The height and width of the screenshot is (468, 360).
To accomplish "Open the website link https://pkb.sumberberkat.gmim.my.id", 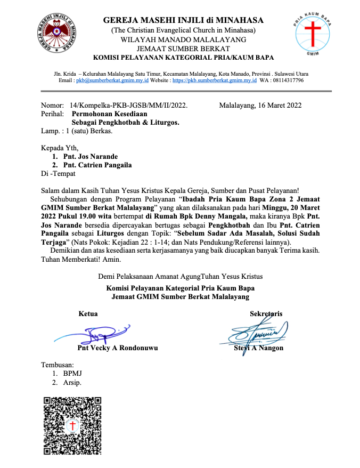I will [x=215, y=80].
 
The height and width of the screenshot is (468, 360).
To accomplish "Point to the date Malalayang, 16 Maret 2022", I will [x=260, y=105].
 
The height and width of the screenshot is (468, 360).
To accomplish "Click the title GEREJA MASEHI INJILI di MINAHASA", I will [x=183, y=21].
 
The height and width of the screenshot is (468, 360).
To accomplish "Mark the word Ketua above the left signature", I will [x=88, y=313].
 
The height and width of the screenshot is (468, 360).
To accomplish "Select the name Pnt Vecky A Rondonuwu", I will [x=117, y=348].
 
